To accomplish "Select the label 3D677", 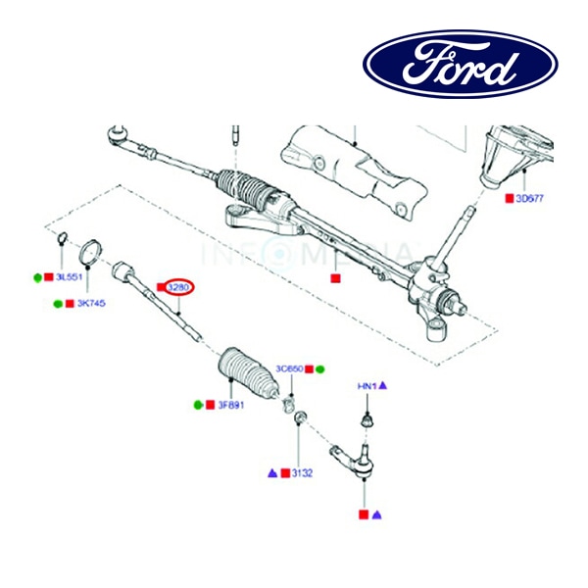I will coord(529,198).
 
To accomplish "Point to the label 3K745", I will coord(91,304).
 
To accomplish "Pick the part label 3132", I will coord(301,472).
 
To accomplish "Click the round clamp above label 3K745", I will coord(90,250).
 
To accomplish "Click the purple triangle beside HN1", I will coord(382,387).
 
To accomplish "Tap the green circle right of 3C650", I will coord(320,369).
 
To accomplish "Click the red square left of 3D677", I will coord(509,198).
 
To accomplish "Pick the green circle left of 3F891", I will coord(198,405).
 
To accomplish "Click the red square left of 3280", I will coord(161,288).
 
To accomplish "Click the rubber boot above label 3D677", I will coord(504,157).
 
